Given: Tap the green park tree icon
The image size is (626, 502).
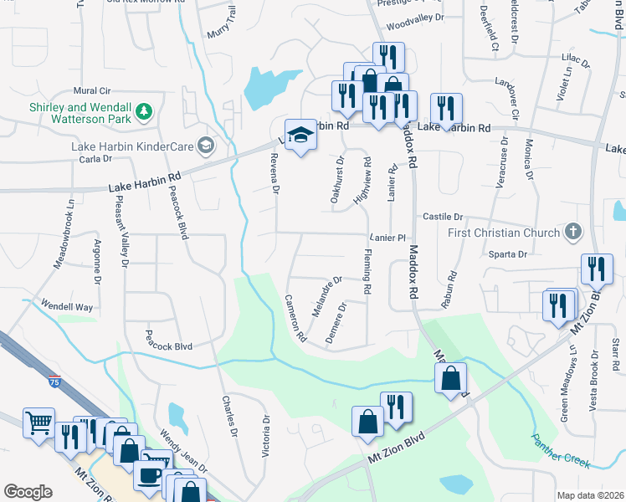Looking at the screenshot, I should click(x=145, y=110).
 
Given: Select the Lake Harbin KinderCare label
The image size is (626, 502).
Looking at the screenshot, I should click(x=132, y=147).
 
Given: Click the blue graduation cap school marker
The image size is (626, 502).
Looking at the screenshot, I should click(x=299, y=136).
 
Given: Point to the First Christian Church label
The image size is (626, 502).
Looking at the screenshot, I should click(x=505, y=232).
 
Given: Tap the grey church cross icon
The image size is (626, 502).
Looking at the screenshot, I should click(x=573, y=231).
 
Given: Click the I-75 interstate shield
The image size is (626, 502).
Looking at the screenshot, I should click(x=54, y=382).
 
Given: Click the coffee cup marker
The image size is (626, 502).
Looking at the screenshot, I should click(x=150, y=474).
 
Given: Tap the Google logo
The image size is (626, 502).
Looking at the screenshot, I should click(x=28, y=492).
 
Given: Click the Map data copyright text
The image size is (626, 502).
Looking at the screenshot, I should click(x=589, y=494).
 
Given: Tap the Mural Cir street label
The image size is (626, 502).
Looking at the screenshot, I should click(x=92, y=90).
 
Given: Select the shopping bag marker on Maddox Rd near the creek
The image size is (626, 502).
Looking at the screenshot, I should click(x=450, y=379).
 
